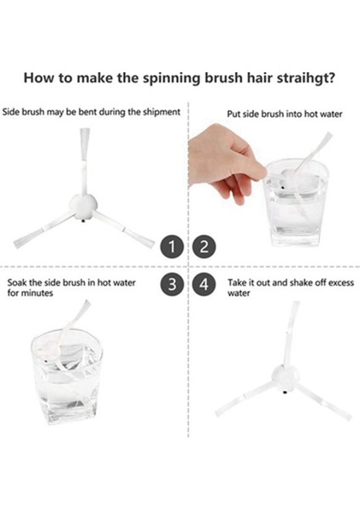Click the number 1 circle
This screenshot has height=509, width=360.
[x=173, y=247]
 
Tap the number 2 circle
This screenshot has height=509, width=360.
[x=204, y=247]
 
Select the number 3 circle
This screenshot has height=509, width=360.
[x=173, y=285]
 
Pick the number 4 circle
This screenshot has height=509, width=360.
[x=204, y=285]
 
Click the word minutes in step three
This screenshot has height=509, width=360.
[x=39, y=293]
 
